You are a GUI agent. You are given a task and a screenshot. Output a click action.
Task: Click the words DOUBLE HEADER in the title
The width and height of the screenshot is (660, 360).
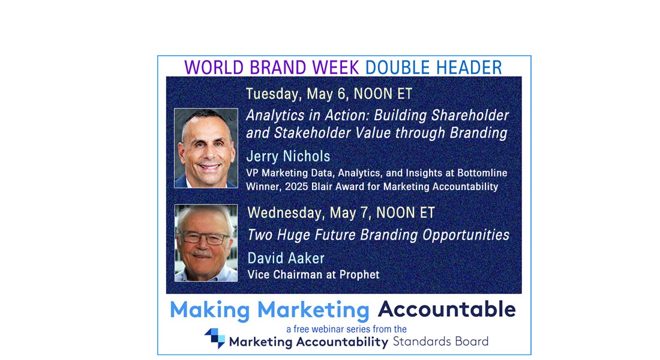coord(434,67)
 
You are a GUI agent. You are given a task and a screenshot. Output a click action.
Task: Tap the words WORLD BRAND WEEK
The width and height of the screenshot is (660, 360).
coord(271,67)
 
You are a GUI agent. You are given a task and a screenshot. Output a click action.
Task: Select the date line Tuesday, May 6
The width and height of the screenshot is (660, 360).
coord(329,94)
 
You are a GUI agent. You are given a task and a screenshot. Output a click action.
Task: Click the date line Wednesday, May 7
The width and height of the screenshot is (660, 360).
coord(341,212)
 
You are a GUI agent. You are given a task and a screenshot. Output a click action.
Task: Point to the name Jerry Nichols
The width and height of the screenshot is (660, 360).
coord(289,156)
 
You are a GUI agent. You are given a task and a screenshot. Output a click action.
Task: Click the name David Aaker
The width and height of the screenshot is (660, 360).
coord(286,258)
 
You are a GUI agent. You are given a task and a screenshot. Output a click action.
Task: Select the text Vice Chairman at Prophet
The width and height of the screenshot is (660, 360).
coord(314,275)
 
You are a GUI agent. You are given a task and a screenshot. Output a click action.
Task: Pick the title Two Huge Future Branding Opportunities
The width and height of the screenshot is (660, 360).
coord(379,235)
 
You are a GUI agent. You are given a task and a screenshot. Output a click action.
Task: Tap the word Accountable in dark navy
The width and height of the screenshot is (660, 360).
coord(446,310)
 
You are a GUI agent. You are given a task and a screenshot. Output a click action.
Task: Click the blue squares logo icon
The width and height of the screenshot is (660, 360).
coord(215,338)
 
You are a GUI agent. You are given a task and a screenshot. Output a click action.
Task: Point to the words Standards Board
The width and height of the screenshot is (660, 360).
coord(441,341)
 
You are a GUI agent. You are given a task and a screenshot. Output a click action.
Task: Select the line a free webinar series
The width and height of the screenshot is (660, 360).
coord(346,329)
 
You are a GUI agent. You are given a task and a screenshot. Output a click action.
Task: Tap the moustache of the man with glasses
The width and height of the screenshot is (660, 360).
coord(202,254)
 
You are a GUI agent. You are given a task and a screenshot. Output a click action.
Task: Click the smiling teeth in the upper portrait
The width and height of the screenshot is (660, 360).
coord(209,167)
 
